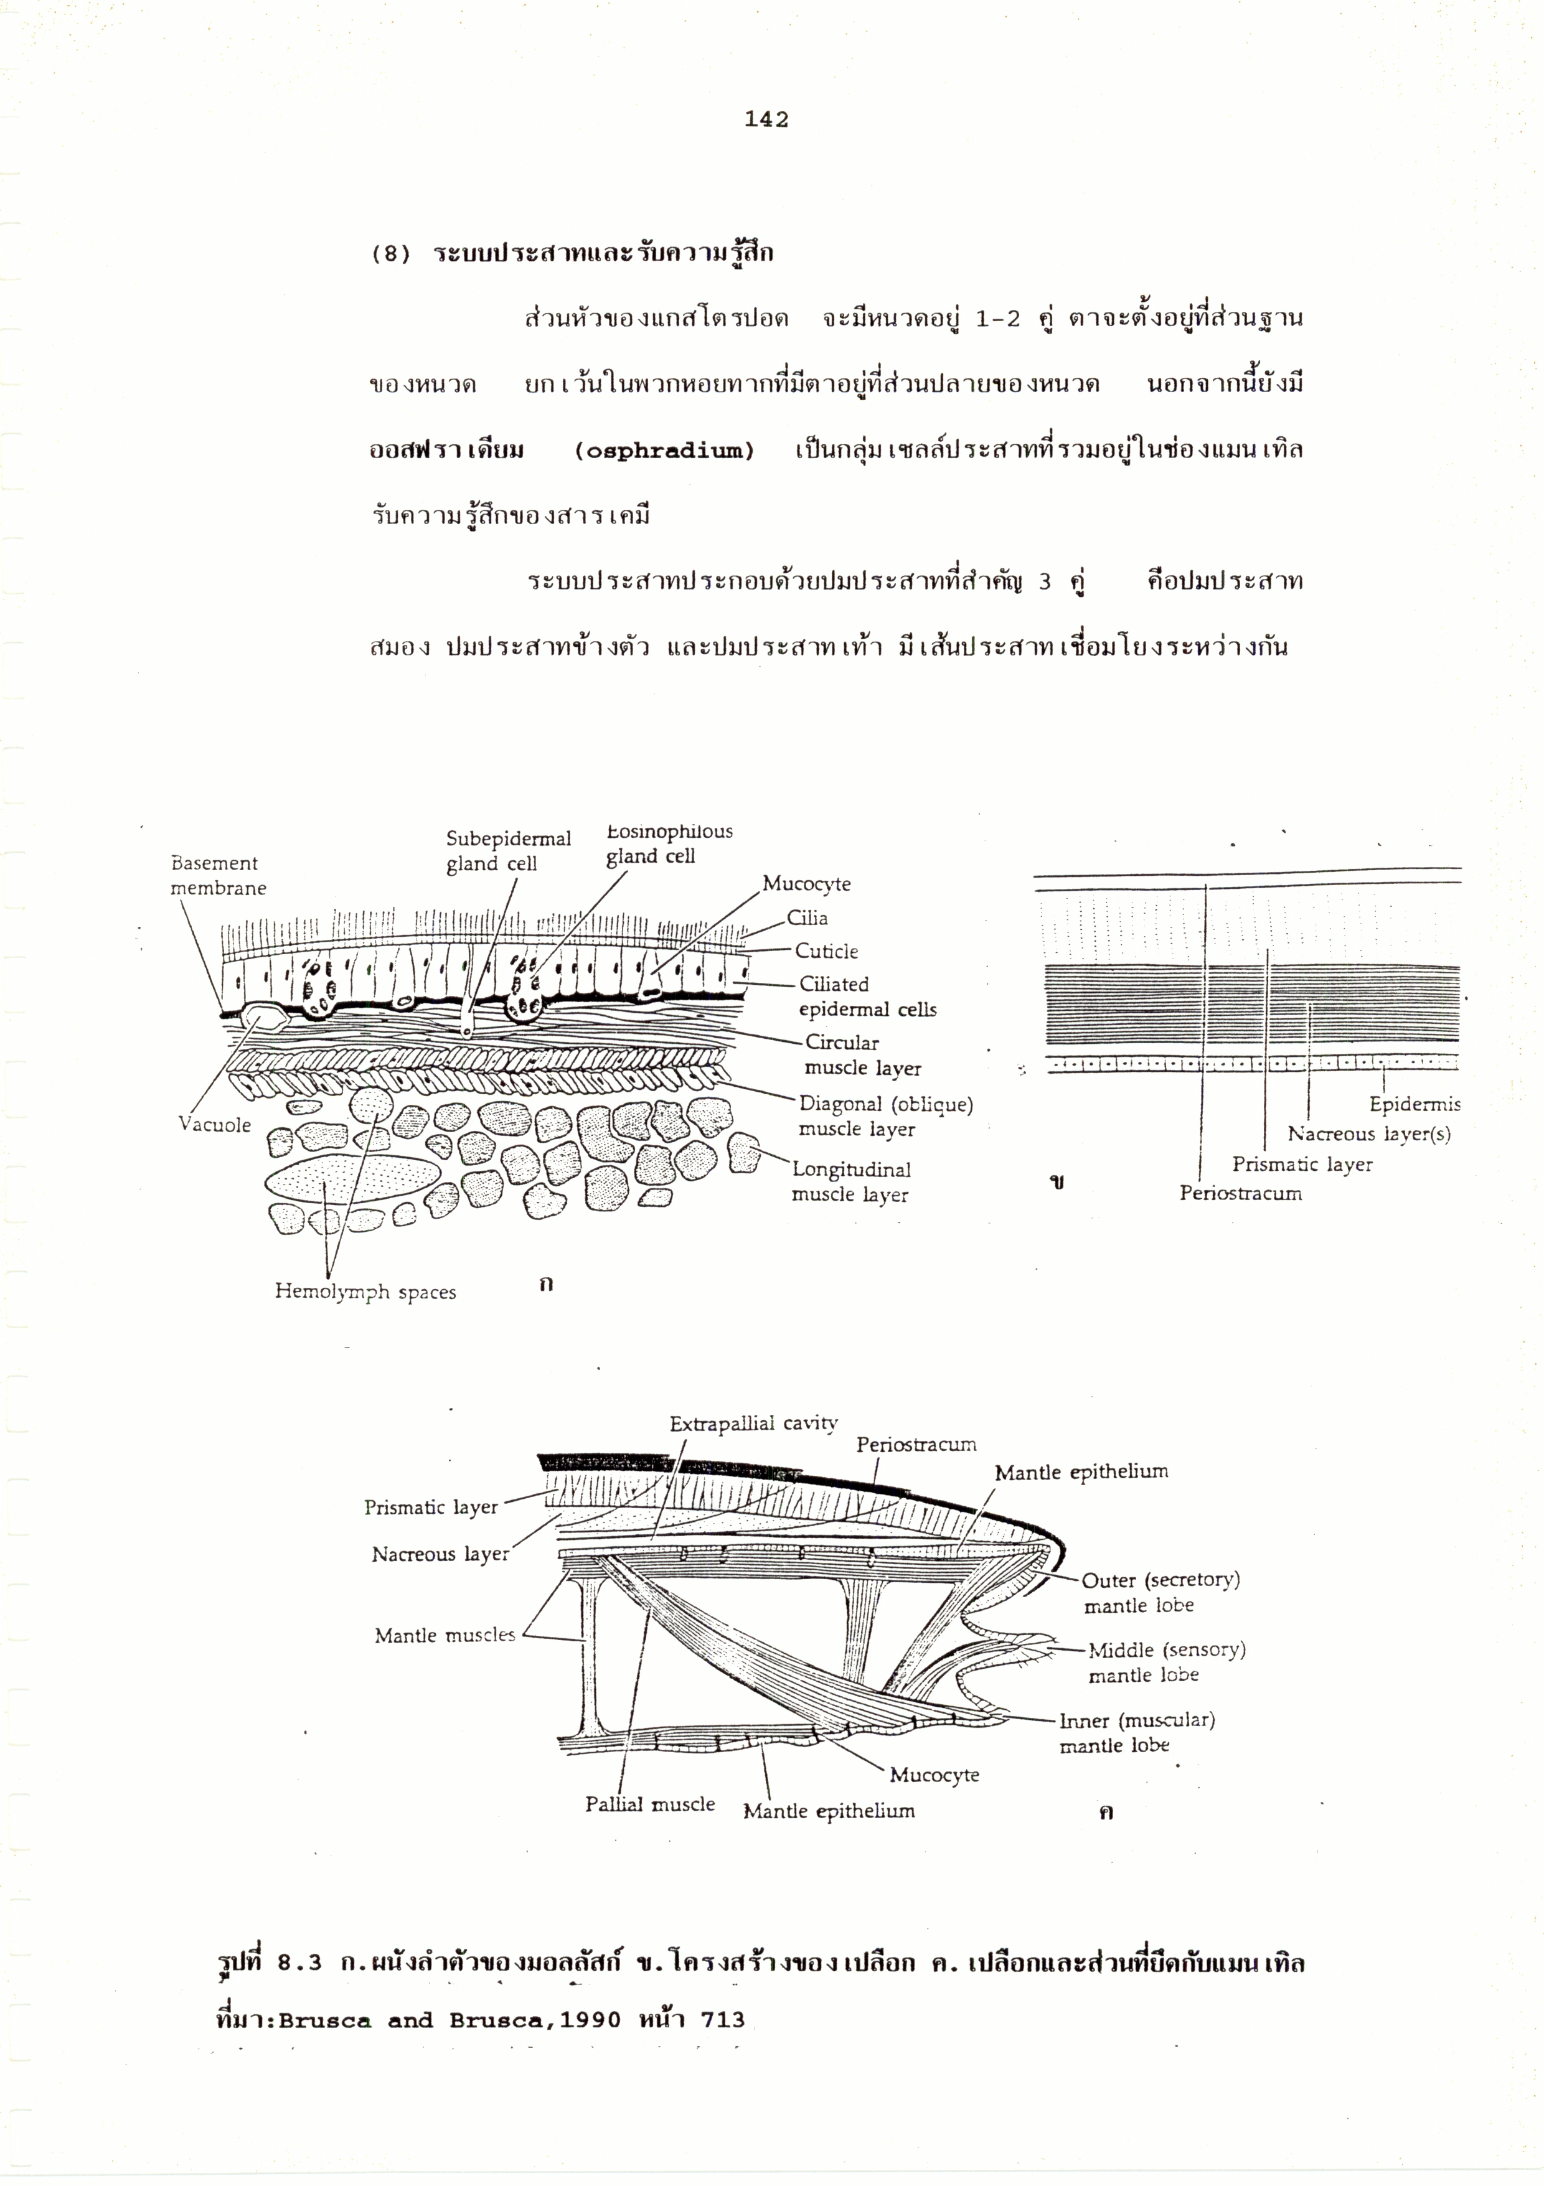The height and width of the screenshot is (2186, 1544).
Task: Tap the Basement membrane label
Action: click(x=218, y=875)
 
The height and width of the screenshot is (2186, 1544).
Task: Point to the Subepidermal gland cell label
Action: click(x=509, y=850)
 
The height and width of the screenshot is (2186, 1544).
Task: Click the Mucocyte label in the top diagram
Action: click(x=807, y=883)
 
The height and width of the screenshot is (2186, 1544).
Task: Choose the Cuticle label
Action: click(x=827, y=951)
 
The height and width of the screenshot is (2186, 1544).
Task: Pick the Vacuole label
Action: click(x=214, y=1124)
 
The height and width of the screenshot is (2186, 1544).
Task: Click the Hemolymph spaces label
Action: click(x=365, y=1292)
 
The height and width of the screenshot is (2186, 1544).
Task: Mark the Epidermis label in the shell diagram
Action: click(x=1413, y=1104)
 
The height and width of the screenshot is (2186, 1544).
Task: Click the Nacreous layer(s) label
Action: click(x=1368, y=1134)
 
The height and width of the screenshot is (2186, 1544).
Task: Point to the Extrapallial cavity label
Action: click(x=753, y=1424)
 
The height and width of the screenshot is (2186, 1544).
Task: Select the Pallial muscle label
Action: click(x=649, y=1804)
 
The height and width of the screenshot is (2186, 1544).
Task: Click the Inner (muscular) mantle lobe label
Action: click(x=1136, y=1733)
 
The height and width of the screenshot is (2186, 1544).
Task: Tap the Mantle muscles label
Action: click(x=444, y=1636)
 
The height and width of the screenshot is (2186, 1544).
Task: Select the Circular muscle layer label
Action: click(x=862, y=1055)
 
